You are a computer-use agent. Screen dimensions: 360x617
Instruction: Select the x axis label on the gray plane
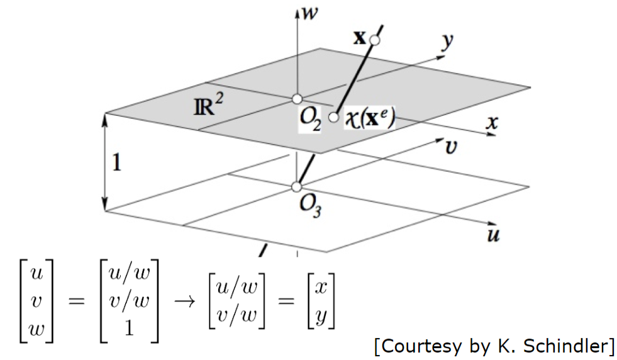pyautogui.click(x=492, y=123)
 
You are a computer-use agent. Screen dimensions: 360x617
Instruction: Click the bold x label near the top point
pyautogui.click(x=359, y=38)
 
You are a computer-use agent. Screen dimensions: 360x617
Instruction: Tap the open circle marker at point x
pyautogui.click(x=375, y=40)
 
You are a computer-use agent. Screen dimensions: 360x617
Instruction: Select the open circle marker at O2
pyautogui.click(x=297, y=99)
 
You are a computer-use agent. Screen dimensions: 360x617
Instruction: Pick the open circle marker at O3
pyautogui.click(x=297, y=187)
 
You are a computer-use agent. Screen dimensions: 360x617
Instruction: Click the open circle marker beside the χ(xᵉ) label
pyautogui.click(x=333, y=117)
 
